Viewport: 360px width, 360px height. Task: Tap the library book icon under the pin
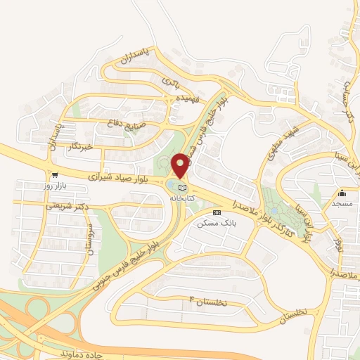pos(183,187)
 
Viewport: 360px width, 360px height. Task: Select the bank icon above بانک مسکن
pos(216,212)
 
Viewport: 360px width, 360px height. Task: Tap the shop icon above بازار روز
pos(54,174)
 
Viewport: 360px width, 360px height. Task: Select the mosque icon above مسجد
pos(342,192)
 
